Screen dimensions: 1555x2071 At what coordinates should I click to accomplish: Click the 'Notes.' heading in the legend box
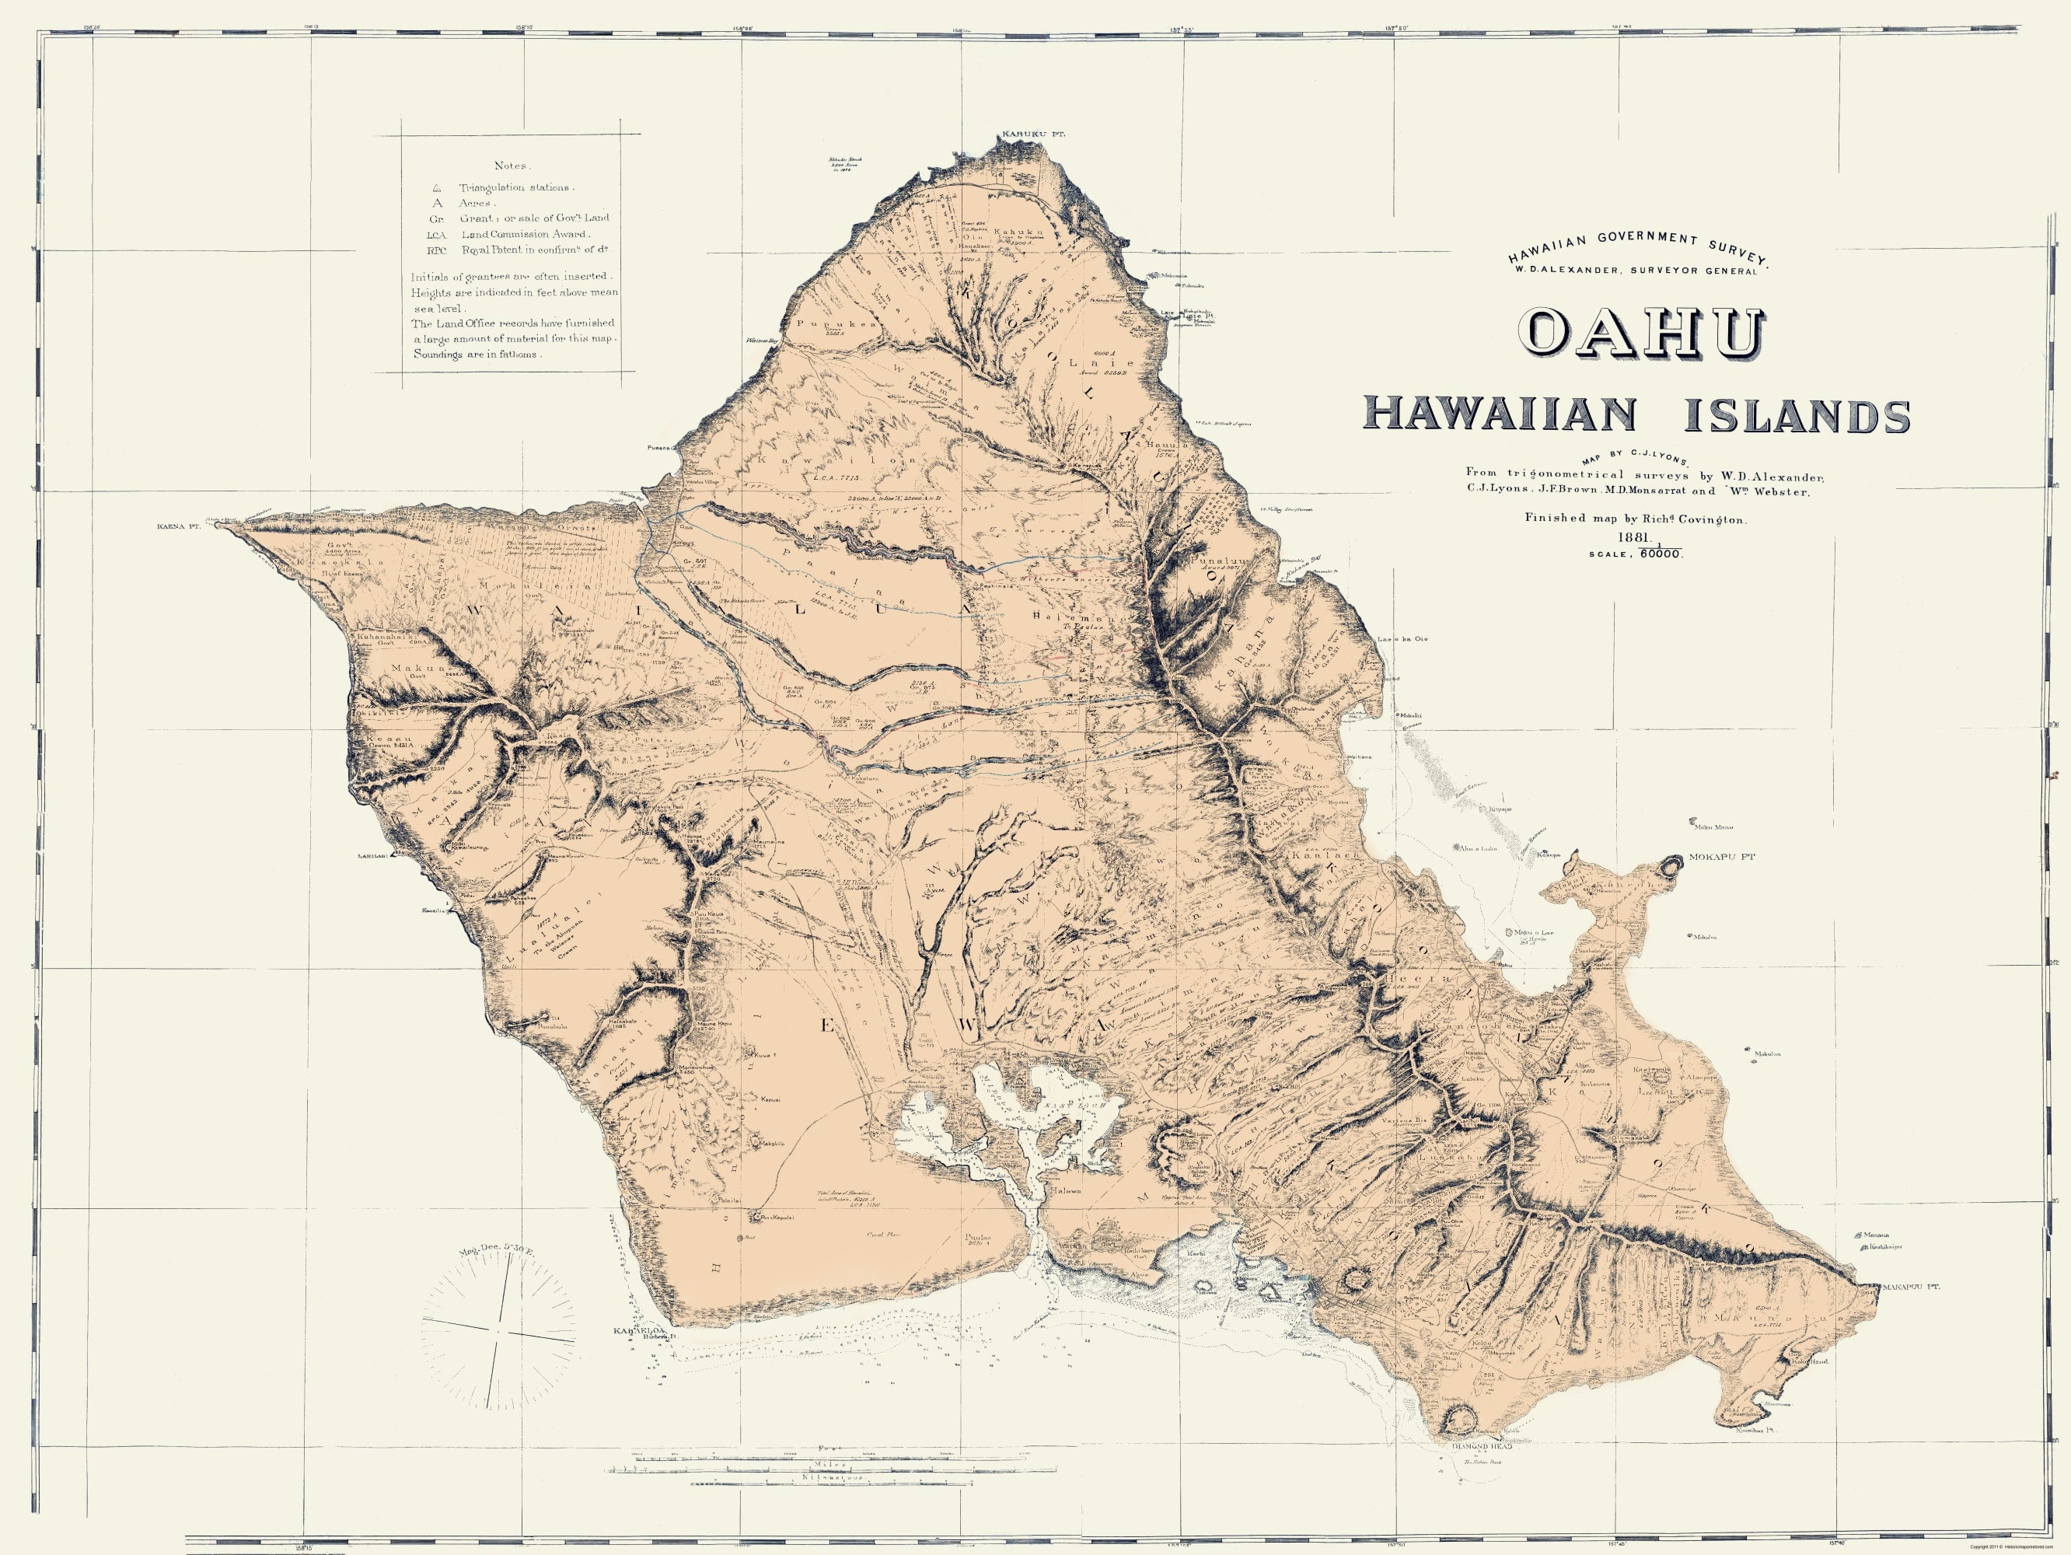(512, 165)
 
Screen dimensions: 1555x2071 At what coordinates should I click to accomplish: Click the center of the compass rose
(503, 1330)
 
